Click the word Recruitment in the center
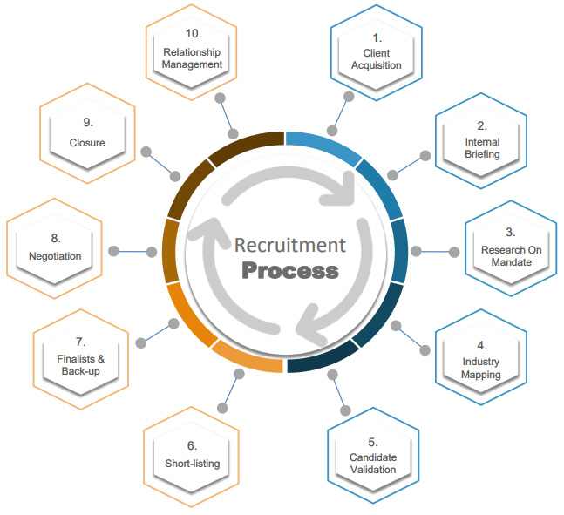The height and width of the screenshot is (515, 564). (x=290, y=245)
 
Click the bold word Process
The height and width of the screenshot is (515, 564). (x=290, y=271)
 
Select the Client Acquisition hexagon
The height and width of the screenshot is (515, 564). (x=377, y=53)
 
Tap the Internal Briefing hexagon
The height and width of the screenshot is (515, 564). (x=481, y=140)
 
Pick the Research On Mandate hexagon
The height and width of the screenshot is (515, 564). (x=511, y=248)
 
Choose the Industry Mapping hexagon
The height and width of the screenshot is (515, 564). (x=481, y=357)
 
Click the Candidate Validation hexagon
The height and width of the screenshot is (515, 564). (x=373, y=456)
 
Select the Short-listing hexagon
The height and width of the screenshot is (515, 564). (x=192, y=457)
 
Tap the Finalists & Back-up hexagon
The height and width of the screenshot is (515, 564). (x=81, y=359)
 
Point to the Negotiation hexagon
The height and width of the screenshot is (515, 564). (x=54, y=248)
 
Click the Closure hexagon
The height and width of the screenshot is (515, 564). (x=87, y=133)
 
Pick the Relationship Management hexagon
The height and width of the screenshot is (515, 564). (x=192, y=52)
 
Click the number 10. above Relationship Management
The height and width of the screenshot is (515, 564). (x=194, y=34)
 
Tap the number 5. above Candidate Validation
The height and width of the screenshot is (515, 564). (x=372, y=442)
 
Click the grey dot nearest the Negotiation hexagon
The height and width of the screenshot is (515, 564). (x=113, y=251)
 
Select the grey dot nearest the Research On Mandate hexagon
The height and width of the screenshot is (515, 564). (x=454, y=252)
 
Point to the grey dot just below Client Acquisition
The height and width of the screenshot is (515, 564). (x=349, y=97)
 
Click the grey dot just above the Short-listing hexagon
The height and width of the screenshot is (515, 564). (x=222, y=408)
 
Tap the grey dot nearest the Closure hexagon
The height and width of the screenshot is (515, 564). (x=146, y=152)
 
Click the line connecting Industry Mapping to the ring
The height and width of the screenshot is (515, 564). (x=411, y=338)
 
